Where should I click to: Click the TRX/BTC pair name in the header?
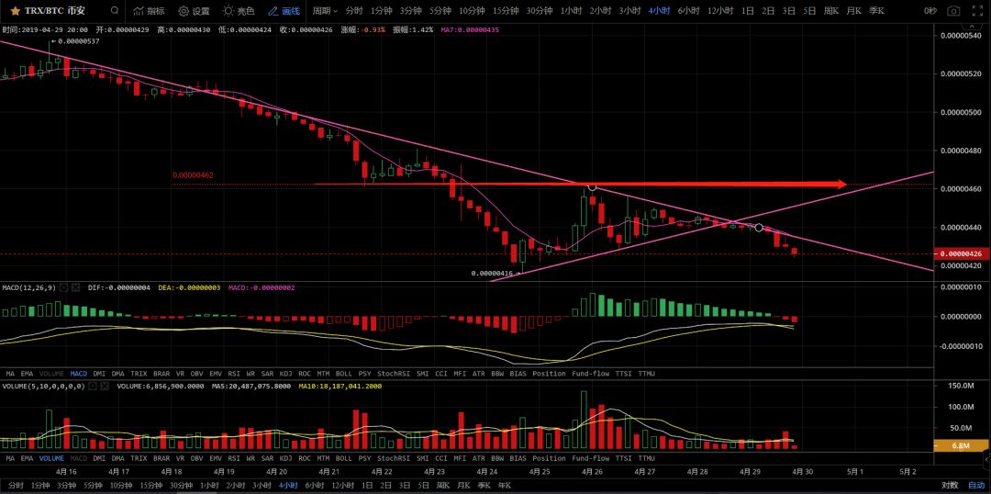coord(52,11)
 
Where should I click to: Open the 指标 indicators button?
coord(149,11)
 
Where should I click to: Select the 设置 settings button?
coord(194,11)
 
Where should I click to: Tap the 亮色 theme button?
coord(239,11)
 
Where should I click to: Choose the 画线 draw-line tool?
coord(284,11)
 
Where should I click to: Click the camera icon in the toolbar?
coord(953,11)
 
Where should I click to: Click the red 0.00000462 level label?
coord(193,174)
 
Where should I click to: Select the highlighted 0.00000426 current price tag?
coord(961,253)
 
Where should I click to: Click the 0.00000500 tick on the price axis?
coord(960,112)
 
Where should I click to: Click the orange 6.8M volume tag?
coord(960,446)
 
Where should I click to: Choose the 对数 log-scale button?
coord(950,485)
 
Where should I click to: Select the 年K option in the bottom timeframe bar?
coord(505,485)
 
